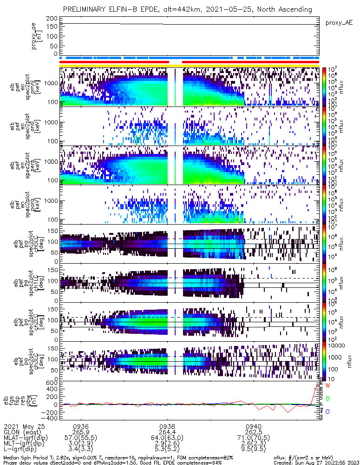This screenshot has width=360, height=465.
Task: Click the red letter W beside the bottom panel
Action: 327,386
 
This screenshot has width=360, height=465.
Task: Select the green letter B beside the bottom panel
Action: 327,399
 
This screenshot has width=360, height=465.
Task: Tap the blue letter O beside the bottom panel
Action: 327,412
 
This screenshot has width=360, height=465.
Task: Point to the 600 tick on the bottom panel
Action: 51,383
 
